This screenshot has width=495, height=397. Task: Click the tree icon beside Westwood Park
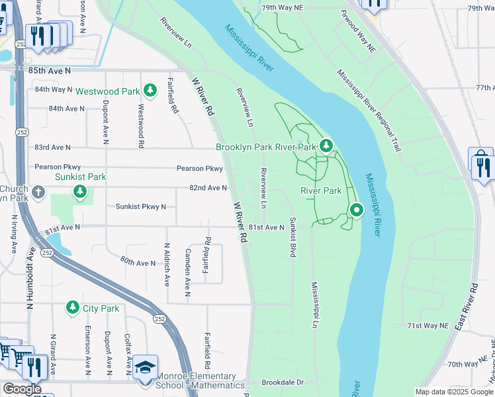pos(150,90)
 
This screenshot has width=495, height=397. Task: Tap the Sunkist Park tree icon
pos(80,192)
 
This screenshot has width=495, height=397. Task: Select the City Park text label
pos(101,308)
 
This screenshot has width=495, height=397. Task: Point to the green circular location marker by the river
pos(357,211)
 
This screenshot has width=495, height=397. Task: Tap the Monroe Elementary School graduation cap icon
pos(145,367)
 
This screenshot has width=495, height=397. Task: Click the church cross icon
pos(38,193)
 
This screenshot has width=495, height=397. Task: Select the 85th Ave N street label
pos(49,69)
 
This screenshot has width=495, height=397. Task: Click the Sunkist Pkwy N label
pos(141,207)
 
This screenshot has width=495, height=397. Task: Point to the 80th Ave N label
pos(137,263)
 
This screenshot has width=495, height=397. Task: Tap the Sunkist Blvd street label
pos(292,236)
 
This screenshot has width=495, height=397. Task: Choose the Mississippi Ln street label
pos(315,304)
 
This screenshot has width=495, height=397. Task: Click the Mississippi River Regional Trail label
pos(369,110)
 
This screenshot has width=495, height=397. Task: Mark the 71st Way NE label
pos(427,326)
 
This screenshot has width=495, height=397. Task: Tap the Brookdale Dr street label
pos(282,382)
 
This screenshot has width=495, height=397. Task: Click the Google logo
pos(22,389)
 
